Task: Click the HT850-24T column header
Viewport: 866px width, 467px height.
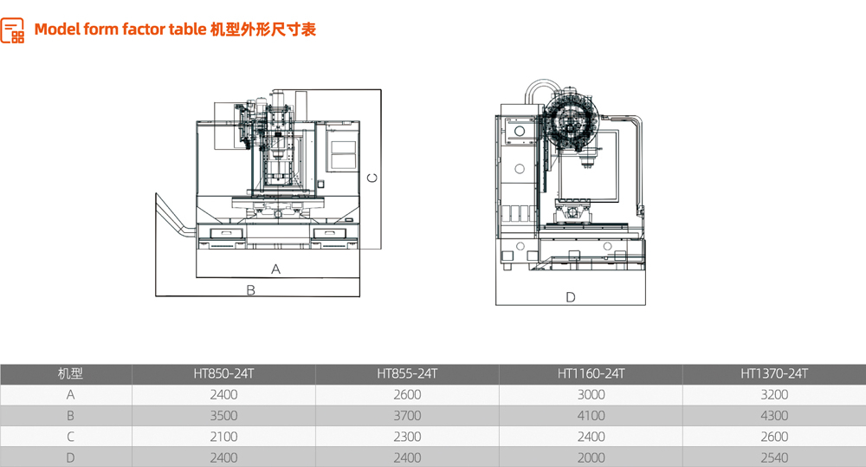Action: (x=223, y=374)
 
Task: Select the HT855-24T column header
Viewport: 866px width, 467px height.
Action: (x=407, y=374)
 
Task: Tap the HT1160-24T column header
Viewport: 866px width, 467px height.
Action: (x=591, y=374)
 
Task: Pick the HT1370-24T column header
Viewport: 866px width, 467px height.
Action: (x=774, y=374)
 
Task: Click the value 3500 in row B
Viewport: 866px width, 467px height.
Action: (x=223, y=416)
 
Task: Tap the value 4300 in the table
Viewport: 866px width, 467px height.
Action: (x=774, y=416)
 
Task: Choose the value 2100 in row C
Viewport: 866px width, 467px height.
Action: (x=223, y=437)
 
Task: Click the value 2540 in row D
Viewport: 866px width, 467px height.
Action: (x=774, y=457)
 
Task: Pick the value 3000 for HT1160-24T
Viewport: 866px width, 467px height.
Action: (x=591, y=395)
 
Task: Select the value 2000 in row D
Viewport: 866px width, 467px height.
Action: (x=591, y=457)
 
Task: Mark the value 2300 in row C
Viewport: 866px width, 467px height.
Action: (x=407, y=437)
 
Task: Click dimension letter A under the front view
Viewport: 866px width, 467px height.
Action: (x=276, y=269)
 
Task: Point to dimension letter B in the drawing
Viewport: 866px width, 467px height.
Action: (x=250, y=290)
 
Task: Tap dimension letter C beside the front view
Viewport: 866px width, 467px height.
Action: (x=372, y=178)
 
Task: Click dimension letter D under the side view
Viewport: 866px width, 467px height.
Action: (x=571, y=297)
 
